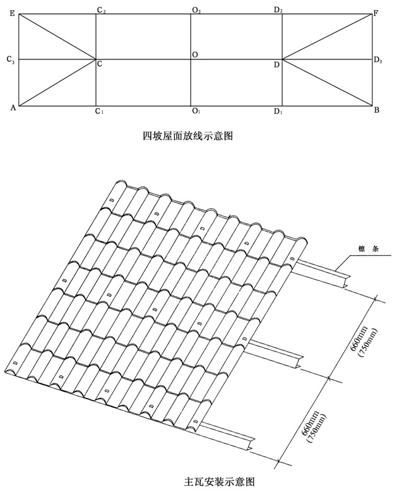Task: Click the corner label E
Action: [12, 13]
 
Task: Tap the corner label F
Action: [376, 13]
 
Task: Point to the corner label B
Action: [376, 111]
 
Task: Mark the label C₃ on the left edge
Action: [10, 60]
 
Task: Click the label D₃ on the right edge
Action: [378, 61]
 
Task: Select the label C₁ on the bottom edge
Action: [99, 112]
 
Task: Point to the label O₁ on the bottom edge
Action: [196, 112]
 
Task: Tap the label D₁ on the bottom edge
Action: [278, 112]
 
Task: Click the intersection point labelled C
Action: [96, 60]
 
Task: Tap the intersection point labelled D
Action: [282, 60]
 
